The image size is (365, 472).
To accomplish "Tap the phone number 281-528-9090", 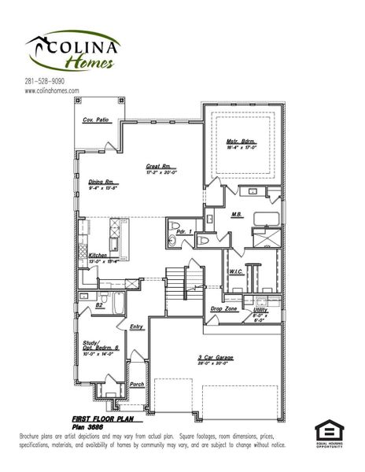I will point(44,81).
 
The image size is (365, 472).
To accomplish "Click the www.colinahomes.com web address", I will point(52,90).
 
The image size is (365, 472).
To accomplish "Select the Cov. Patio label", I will point(96,120).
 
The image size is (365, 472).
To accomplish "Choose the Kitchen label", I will point(98,256).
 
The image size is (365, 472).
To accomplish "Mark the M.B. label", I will point(236,214).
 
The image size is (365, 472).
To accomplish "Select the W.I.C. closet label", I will point(236,272).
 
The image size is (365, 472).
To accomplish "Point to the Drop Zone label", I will point(223,309).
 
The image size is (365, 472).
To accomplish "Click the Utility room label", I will point(260,310).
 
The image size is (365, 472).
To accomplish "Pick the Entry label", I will point(137,326).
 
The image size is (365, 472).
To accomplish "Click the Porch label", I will point(137,385).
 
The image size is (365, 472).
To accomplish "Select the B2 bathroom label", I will point(99,304).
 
